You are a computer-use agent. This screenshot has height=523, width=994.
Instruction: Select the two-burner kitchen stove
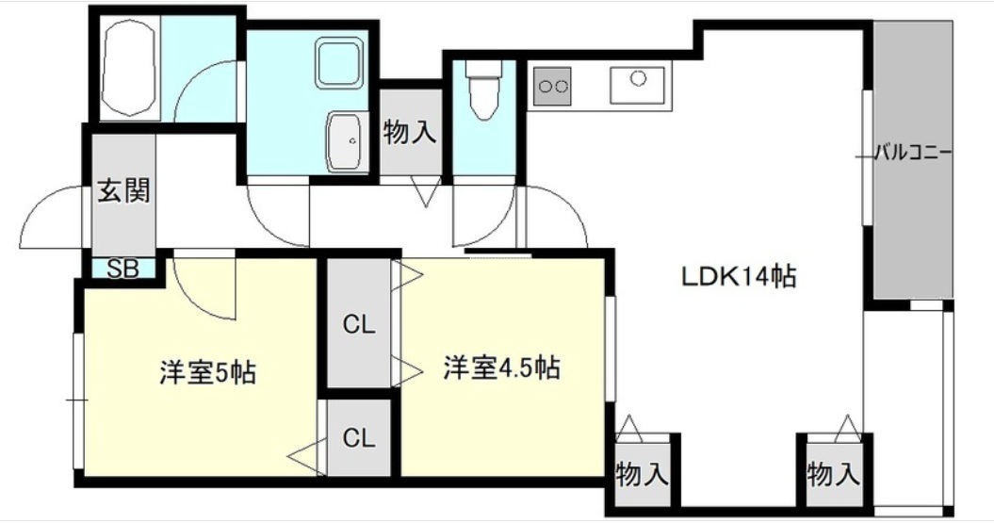(x=552, y=87)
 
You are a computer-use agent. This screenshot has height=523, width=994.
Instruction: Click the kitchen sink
(x=639, y=85)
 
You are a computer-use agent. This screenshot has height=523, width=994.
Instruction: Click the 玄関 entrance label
(x=123, y=191)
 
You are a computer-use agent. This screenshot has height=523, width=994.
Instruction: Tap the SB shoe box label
(x=122, y=268)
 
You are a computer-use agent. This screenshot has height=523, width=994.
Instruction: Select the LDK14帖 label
(x=740, y=277)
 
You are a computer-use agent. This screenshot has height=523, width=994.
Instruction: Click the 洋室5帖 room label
(x=207, y=373)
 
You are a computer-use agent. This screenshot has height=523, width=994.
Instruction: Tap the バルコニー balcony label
(x=912, y=152)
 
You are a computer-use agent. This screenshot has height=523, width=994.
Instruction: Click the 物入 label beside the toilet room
(x=411, y=133)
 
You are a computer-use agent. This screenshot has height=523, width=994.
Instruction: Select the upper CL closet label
(x=359, y=326)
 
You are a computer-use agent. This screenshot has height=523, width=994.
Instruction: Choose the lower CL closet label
(x=359, y=437)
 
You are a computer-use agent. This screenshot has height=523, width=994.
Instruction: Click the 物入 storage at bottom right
(x=835, y=474)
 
